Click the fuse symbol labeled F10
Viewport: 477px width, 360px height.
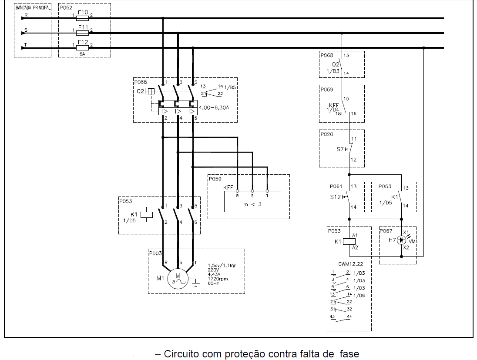coord(83,18)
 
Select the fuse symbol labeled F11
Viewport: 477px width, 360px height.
coord(83,33)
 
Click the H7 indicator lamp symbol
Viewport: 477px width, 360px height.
coord(402,240)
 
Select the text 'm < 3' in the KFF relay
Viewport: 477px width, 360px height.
coord(252,204)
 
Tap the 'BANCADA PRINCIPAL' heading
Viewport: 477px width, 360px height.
coord(33,8)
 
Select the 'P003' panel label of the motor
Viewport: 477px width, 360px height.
coord(156,253)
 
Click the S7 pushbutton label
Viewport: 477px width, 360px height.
coord(340,149)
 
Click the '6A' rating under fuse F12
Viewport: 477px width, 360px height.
coord(82,54)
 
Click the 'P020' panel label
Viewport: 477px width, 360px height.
coord(327,134)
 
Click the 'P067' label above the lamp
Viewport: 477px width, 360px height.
coord(386,231)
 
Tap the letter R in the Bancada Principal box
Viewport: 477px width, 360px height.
coord(27,15)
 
